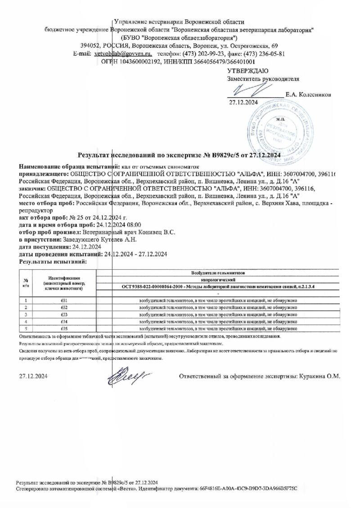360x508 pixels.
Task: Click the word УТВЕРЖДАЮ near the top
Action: coord(248,71)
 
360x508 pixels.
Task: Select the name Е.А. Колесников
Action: coord(308,95)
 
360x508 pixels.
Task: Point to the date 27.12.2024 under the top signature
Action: coord(243,102)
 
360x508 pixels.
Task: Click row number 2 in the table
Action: coord(26,307)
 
